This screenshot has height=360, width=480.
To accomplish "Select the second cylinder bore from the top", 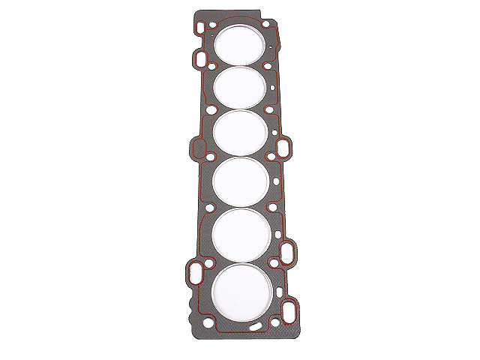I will pyautogui.click(x=241, y=86).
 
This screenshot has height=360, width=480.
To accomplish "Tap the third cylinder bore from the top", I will pyautogui.click(x=241, y=130).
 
